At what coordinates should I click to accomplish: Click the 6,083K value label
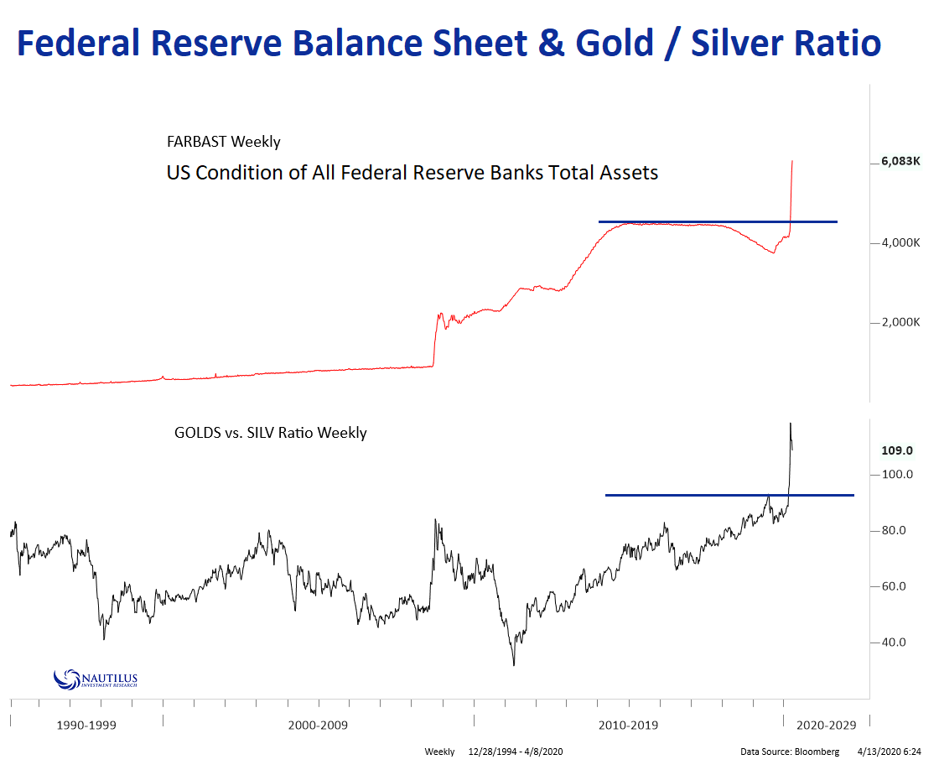tap(900, 162)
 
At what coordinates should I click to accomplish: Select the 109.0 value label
tap(896, 450)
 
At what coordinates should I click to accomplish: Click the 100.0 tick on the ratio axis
tap(895, 475)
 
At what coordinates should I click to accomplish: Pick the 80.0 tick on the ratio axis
tap(894, 530)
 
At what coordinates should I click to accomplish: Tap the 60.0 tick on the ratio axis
tap(894, 586)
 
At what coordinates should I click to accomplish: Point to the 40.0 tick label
tap(894, 643)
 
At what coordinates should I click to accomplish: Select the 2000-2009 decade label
tap(317, 725)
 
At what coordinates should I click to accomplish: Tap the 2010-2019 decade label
tap(628, 725)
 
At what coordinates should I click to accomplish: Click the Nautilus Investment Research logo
tap(95, 679)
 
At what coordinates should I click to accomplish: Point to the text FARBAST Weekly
tap(223, 142)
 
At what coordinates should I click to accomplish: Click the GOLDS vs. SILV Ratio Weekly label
tap(270, 434)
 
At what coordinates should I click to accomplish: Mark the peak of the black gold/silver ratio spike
tap(790, 424)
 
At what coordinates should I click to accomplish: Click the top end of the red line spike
tap(792, 161)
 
